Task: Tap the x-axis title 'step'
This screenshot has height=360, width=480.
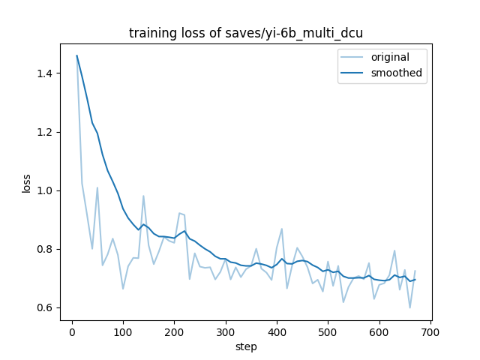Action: (x=246, y=346)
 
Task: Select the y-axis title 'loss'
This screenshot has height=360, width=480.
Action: (x=27, y=183)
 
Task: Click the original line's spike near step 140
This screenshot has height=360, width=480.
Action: (x=143, y=196)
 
